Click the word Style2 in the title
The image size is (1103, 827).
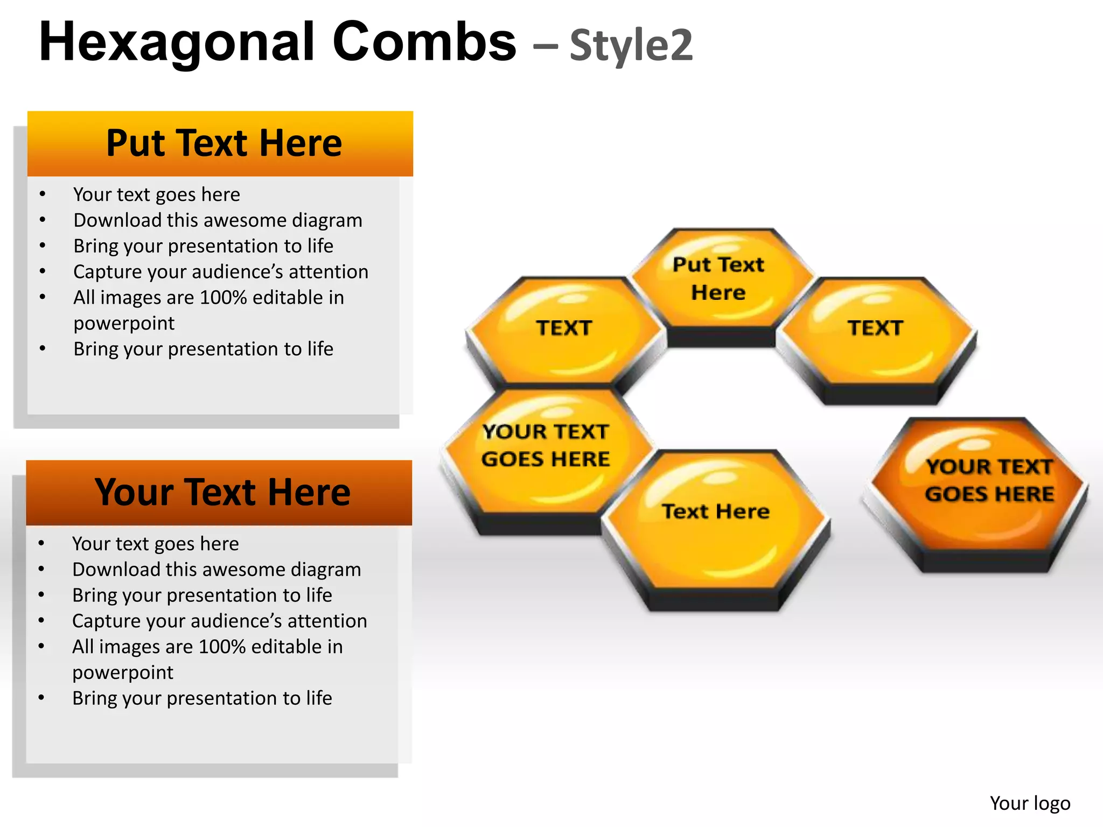pyautogui.click(x=631, y=45)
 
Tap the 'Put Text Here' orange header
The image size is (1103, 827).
pyautogui.click(x=220, y=144)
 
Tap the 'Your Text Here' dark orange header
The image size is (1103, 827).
pyautogui.click(x=219, y=493)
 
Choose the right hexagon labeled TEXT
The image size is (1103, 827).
pyautogui.click(x=876, y=334)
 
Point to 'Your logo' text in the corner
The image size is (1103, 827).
pyautogui.click(x=1030, y=803)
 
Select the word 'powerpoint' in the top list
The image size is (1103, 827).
pyautogui.click(x=124, y=324)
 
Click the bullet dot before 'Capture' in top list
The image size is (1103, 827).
pyautogui.click(x=43, y=271)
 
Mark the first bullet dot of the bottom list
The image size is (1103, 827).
pyautogui.click(x=41, y=543)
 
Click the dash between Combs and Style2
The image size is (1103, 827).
pyautogui.click(x=545, y=46)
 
